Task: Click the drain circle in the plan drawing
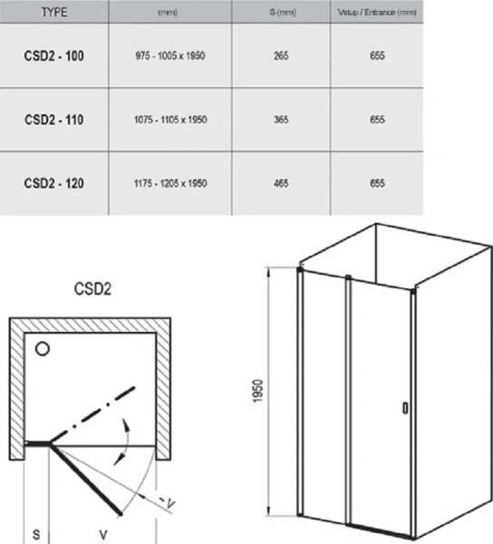[x=42, y=348]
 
